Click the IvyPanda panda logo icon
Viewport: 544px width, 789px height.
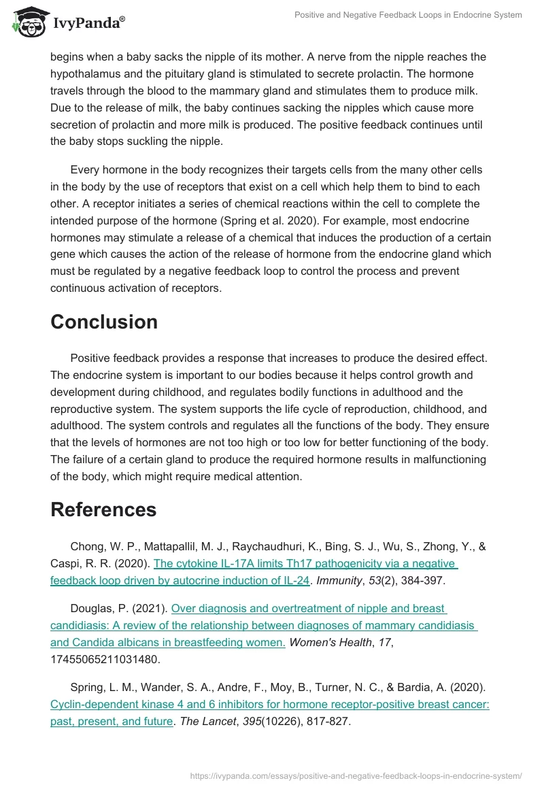click(x=28, y=21)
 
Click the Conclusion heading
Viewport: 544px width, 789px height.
click(x=104, y=322)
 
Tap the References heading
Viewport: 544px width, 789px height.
click(x=103, y=509)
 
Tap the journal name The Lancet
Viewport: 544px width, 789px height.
click(x=208, y=722)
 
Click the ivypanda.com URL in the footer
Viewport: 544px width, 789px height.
click(x=356, y=775)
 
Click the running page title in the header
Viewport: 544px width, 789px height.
click(x=408, y=15)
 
